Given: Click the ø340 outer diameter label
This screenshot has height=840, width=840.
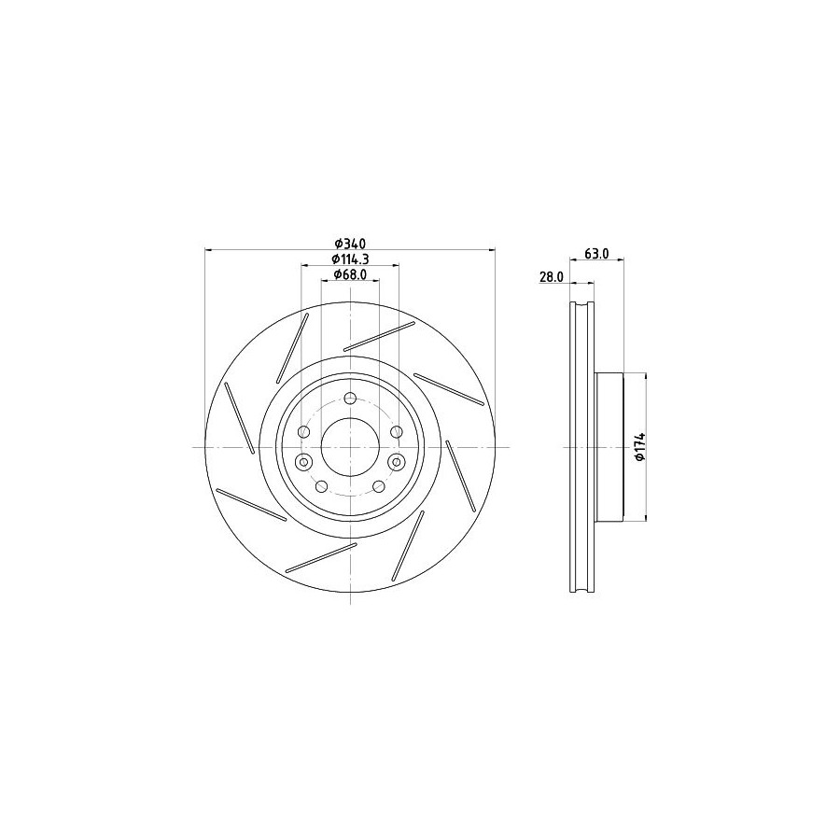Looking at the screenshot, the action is (x=350, y=244).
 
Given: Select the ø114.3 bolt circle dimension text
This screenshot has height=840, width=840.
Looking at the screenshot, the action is (x=350, y=259).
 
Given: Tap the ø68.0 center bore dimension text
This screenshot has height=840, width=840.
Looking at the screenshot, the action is (x=350, y=274).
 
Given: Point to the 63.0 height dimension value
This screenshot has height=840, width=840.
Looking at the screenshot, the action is (x=596, y=254).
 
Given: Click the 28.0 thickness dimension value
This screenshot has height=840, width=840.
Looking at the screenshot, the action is (x=552, y=276).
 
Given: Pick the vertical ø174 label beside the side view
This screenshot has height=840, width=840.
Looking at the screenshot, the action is (x=638, y=447).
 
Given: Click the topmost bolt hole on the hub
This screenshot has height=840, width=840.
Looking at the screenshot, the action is (x=350, y=398).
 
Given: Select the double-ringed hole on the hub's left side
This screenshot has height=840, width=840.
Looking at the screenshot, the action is (x=304, y=461).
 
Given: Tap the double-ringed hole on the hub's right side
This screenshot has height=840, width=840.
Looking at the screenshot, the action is (x=397, y=461).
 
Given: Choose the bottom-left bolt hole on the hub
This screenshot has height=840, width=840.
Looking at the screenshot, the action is (x=321, y=486).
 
